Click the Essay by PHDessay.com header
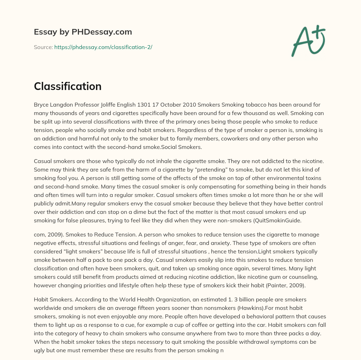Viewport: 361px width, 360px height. coord(83,32)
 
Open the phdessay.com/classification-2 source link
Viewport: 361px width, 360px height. coord(103,47)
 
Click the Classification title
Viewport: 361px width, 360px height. coord(68,86)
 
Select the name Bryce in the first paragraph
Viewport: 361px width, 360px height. coord(41,105)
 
